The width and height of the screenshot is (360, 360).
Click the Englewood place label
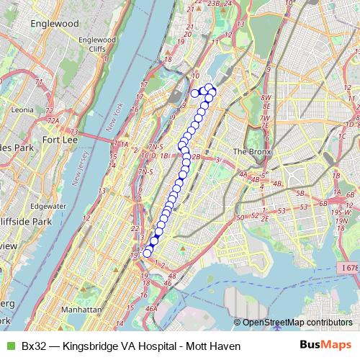(54, 23)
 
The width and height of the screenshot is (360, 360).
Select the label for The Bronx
(250, 151)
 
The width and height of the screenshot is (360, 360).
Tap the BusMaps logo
(326, 345)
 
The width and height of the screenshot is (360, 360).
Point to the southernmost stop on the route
(148, 252)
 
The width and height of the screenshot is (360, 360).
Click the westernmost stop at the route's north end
(194, 92)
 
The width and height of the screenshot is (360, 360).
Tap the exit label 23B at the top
(212, 4)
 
